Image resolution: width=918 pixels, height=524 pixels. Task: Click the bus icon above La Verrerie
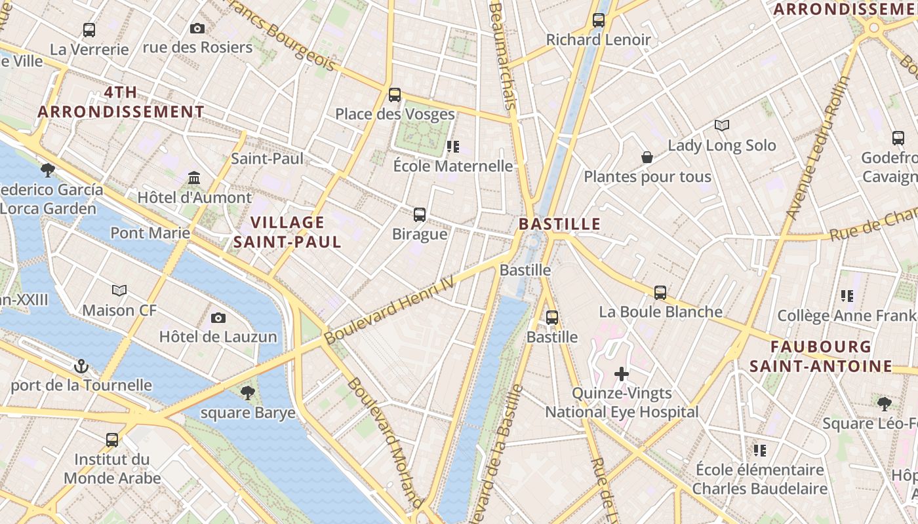click(89, 29)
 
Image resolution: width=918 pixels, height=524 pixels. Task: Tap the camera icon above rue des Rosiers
click(197, 28)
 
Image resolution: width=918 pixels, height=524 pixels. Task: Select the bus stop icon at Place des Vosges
click(395, 95)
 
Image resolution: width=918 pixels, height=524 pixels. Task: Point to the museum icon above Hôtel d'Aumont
click(194, 178)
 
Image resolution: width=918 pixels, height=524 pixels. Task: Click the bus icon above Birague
click(420, 214)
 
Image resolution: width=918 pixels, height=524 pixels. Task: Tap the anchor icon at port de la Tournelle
click(81, 365)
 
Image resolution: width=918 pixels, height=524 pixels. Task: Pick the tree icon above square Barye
click(248, 393)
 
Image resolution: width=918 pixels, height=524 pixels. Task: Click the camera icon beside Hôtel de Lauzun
click(218, 318)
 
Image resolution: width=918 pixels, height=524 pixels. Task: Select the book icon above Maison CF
click(119, 290)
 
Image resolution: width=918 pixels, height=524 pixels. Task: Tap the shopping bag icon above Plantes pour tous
click(647, 157)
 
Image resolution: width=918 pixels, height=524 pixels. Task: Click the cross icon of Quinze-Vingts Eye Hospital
click(622, 374)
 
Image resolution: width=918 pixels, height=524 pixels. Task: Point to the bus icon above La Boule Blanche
click(660, 293)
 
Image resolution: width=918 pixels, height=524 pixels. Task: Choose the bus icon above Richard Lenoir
click(599, 20)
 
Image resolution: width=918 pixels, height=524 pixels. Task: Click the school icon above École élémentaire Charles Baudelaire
click(760, 450)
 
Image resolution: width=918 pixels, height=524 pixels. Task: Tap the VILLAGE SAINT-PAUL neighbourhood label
click(288, 233)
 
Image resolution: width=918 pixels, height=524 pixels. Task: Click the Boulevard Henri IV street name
click(389, 310)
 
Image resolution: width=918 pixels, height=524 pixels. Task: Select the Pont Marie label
click(150, 233)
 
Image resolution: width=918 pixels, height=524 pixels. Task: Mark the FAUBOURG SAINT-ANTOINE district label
click(821, 356)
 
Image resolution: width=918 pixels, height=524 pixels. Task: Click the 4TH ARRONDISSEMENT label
click(121, 102)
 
